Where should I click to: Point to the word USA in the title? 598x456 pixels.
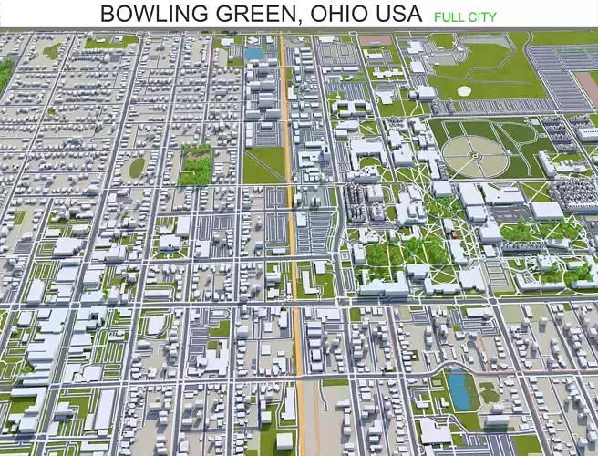403,14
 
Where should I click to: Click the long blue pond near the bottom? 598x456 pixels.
459,389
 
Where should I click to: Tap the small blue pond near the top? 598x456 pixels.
253,53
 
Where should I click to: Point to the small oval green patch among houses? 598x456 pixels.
137,167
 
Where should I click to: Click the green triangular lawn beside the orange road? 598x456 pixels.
264,164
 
